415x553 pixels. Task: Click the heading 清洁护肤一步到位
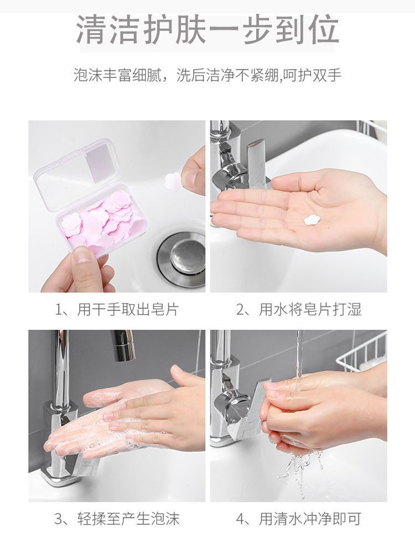(x=207, y=30)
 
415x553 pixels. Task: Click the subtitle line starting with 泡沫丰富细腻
(x=207, y=75)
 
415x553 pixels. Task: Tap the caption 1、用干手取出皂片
(x=117, y=309)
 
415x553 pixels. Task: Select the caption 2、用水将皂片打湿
(x=299, y=309)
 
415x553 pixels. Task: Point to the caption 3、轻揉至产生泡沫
(x=117, y=519)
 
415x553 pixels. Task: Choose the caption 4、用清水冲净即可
(x=299, y=519)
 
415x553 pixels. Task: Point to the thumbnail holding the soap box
(x=82, y=254)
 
